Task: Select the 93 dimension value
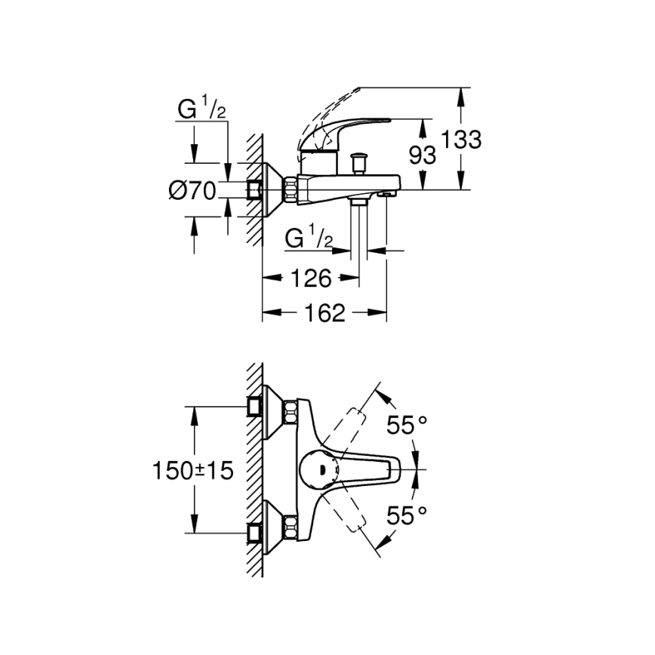[423, 155]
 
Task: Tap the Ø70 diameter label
[192, 191]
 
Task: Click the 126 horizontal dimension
[310, 278]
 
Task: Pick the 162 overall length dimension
[324, 312]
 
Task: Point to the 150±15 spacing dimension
[193, 471]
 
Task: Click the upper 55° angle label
[407, 426]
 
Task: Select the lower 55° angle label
[407, 515]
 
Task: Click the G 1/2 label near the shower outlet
[309, 239]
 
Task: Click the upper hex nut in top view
[290, 412]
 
